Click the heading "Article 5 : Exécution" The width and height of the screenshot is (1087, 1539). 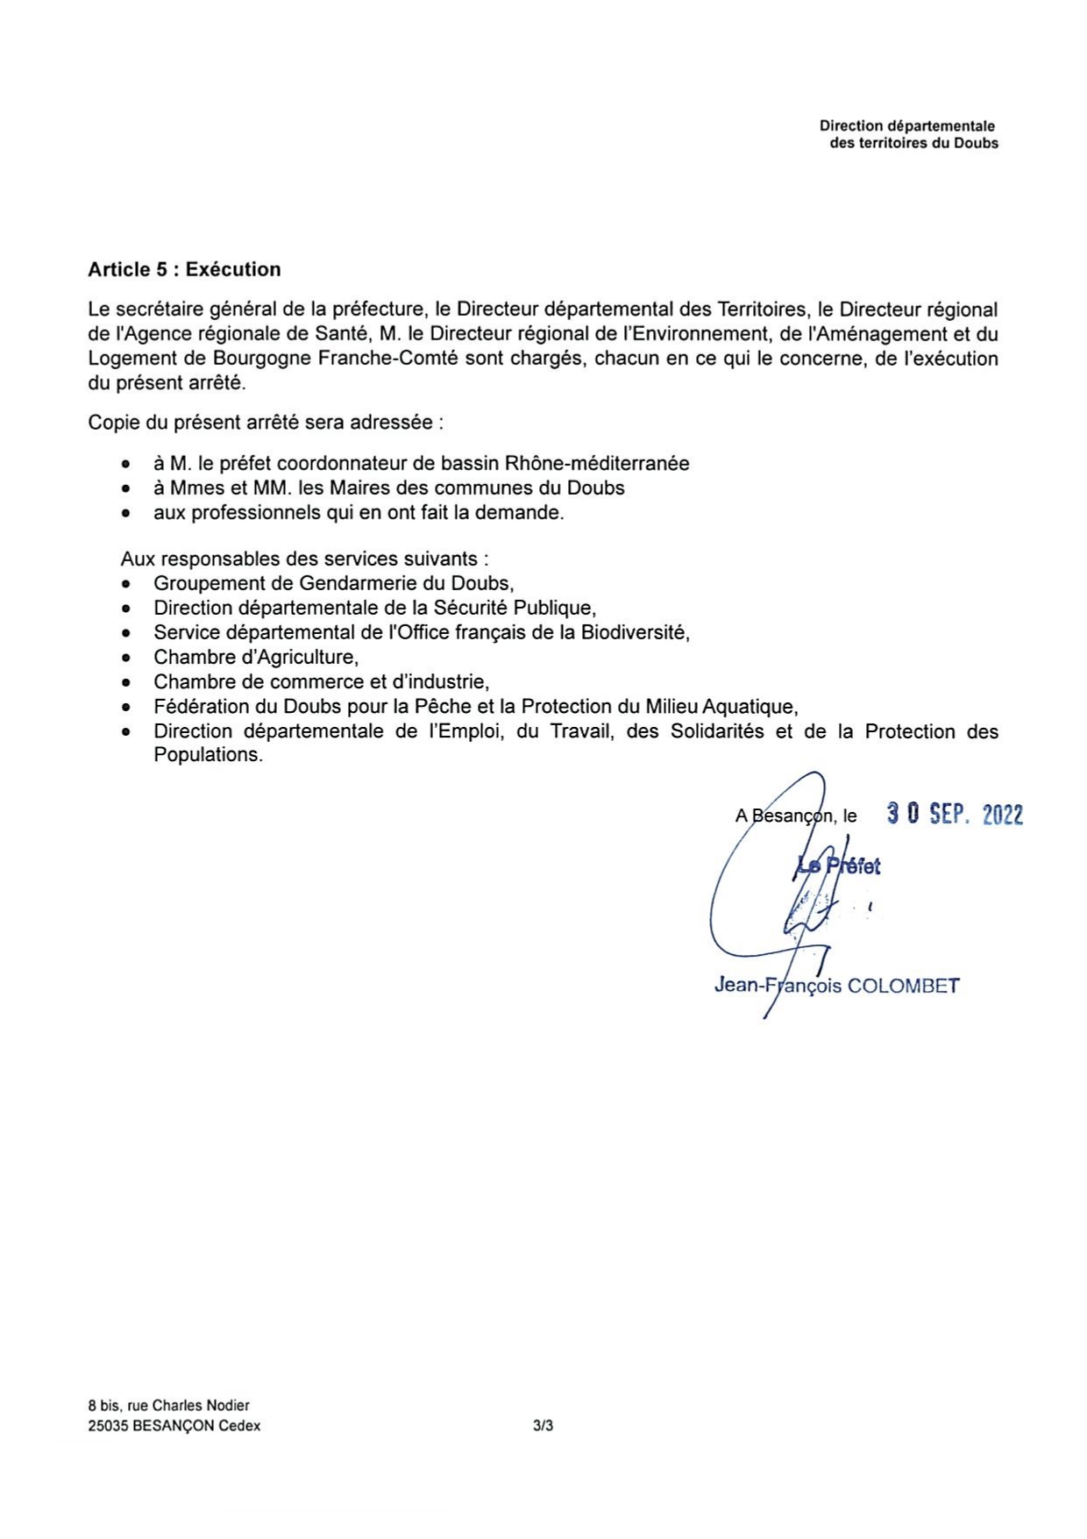(x=184, y=270)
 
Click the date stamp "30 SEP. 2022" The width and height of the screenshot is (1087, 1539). (x=955, y=815)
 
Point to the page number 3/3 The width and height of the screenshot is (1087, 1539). (x=543, y=1426)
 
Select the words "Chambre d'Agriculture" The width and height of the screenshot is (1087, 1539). (x=256, y=657)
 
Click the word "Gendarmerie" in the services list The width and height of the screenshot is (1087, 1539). (x=366, y=583)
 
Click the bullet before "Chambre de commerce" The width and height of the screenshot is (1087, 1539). (x=128, y=682)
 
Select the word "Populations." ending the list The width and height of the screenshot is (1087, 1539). (x=208, y=755)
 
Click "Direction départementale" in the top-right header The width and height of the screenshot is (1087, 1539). (x=907, y=126)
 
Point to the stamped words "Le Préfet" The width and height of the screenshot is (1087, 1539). (x=838, y=866)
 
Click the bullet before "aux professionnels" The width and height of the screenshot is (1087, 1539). (x=128, y=513)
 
